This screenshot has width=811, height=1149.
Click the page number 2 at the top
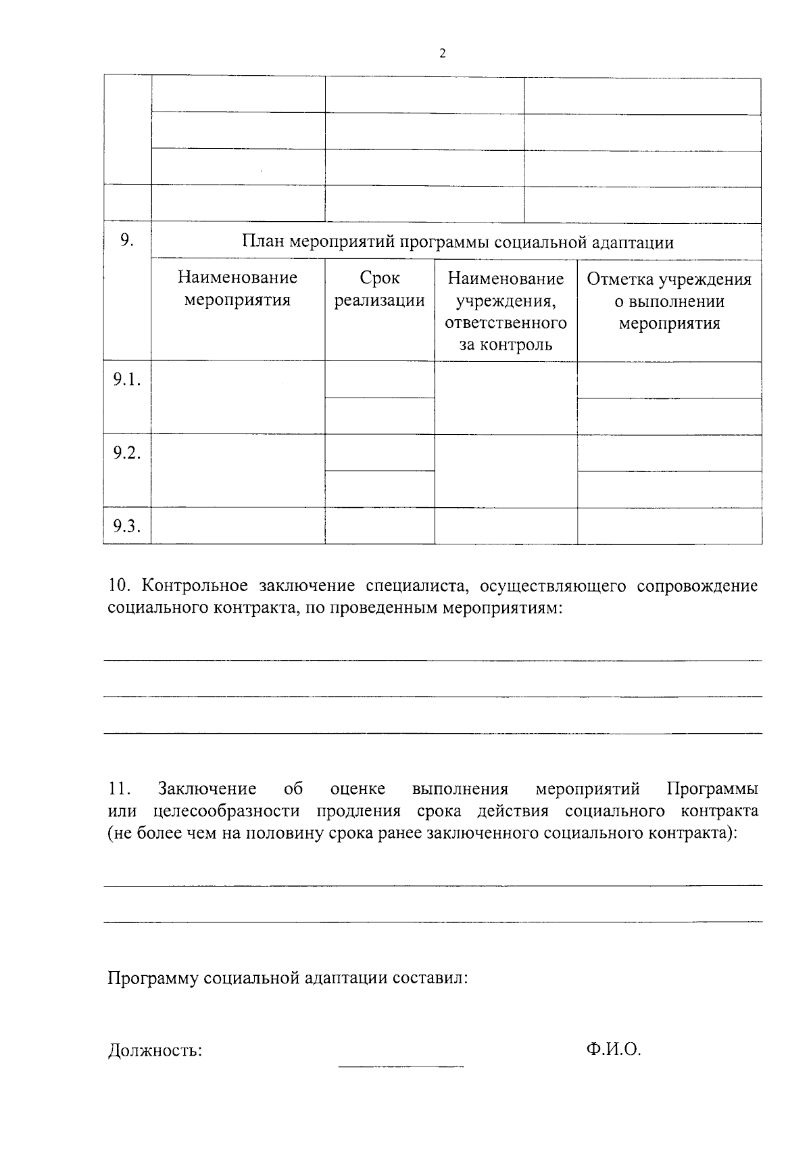pyautogui.click(x=443, y=54)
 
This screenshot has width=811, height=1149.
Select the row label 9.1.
pyautogui.click(x=126, y=379)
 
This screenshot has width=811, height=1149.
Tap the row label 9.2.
pyautogui.click(x=126, y=452)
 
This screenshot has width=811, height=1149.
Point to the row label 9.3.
pyautogui.click(x=126, y=525)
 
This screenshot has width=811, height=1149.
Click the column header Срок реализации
pyautogui.click(x=379, y=289)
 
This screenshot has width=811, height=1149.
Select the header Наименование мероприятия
pyautogui.click(x=237, y=289)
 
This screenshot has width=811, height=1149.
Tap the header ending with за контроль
pyautogui.click(x=506, y=311)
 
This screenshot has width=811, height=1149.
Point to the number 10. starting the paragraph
pyautogui.click(x=122, y=586)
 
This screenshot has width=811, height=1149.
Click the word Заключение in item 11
pyautogui.click(x=207, y=789)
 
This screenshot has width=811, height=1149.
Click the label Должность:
pyautogui.click(x=155, y=1051)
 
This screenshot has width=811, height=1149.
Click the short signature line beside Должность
pyautogui.click(x=400, y=1066)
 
